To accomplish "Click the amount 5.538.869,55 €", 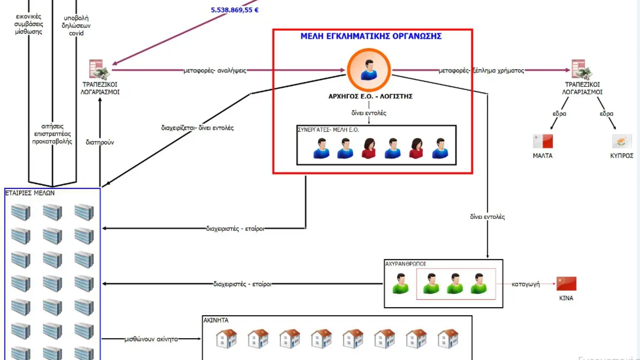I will pyautogui.click(x=234, y=10).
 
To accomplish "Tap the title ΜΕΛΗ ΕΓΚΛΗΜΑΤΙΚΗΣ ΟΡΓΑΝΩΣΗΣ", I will pyautogui.click(x=371, y=36).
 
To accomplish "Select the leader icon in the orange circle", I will pyautogui.click(x=369, y=70).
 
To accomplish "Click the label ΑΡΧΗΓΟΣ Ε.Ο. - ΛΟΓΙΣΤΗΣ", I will pyautogui.click(x=370, y=96).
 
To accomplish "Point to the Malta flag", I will pyautogui.click(x=543, y=141).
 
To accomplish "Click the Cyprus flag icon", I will pyautogui.click(x=622, y=141).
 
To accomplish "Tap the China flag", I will pyautogui.click(x=566, y=284).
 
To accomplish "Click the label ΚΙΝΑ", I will pyautogui.click(x=566, y=298).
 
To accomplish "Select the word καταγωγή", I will pyautogui.click(x=525, y=284).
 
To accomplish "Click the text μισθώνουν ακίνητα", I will pyautogui.click(x=151, y=339).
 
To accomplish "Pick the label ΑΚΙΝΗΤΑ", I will pyautogui.click(x=216, y=320).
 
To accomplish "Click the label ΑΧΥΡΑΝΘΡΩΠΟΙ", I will pyautogui.click(x=405, y=264).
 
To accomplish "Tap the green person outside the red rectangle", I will pyautogui.click(x=400, y=284).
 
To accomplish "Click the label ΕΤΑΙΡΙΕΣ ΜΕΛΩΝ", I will pyautogui.click(x=30, y=193).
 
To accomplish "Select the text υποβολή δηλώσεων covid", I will pyautogui.click(x=76, y=25).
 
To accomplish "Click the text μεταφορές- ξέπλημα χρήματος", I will pyautogui.click(x=481, y=70).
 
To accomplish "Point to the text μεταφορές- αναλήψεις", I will pyautogui.click(x=215, y=70).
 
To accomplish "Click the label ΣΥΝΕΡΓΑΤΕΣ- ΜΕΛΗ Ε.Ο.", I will pyautogui.click(x=328, y=130).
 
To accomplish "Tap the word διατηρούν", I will pyautogui.click(x=100, y=142).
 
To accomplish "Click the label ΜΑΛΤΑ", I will pyautogui.click(x=542, y=156).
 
